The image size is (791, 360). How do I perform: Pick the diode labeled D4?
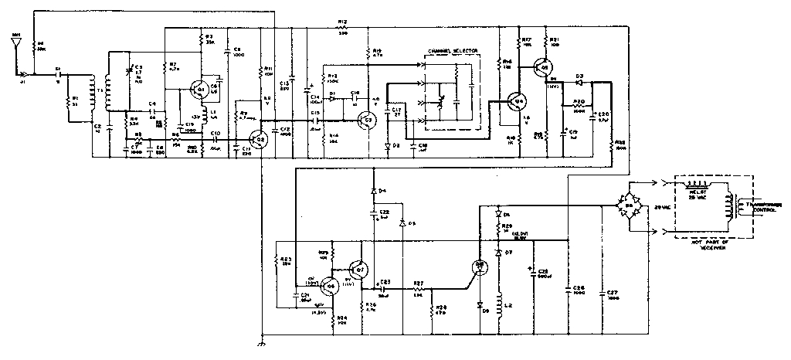coord(374,190)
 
